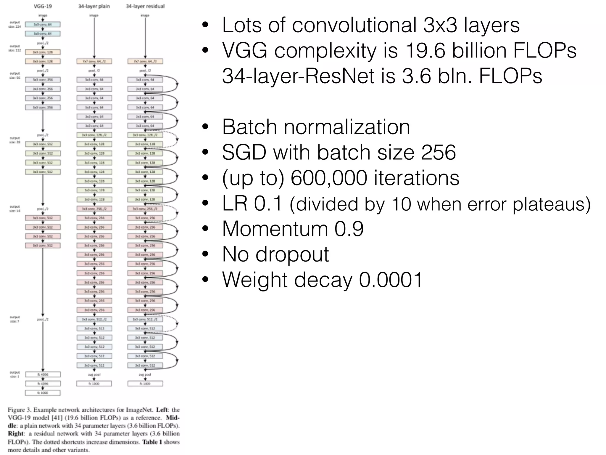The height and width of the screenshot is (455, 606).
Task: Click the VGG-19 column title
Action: click(x=43, y=6)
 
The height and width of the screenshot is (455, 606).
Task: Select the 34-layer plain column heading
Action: click(x=94, y=6)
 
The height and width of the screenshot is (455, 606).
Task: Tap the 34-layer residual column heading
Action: click(x=145, y=6)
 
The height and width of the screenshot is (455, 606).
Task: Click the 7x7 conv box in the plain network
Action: click(x=94, y=61)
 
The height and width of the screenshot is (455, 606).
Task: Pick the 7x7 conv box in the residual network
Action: click(x=145, y=61)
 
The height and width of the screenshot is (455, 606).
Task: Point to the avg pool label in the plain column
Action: click(x=94, y=374)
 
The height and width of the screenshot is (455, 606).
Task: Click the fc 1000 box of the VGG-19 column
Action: click(x=43, y=393)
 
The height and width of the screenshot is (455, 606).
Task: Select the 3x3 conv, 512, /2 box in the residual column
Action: click(x=145, y=319)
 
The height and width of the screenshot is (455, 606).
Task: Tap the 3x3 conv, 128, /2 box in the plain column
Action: click(x=94, y=135)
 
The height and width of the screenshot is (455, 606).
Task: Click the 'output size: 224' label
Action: click(x=15, y=24)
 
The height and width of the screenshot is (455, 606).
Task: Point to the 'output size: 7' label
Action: click(x=15, y=319)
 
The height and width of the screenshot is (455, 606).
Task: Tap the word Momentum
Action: click(x=275, y=229)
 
